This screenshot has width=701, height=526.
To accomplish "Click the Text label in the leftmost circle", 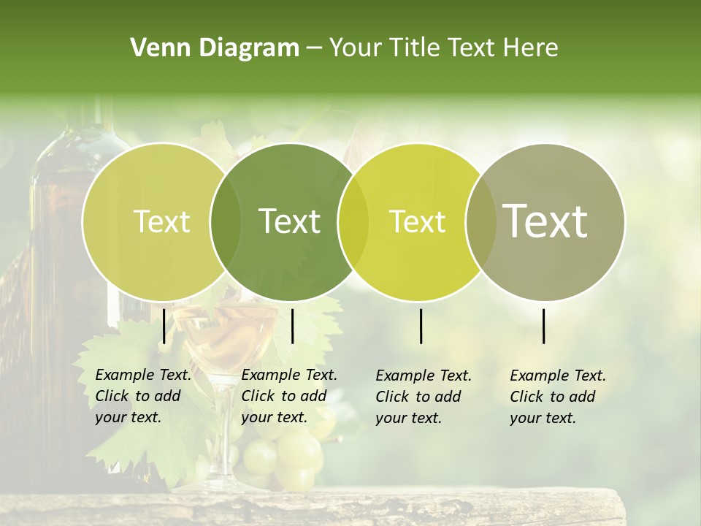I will click(x=161, y=221).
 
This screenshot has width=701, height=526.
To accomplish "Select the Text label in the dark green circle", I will click(x=289, y=221).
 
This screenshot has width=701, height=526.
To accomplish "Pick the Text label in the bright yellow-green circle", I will click(x=417, y=221).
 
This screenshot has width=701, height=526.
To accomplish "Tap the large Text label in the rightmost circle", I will click(x=545, y=221).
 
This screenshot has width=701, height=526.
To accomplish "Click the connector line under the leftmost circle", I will click(x=164, y=326).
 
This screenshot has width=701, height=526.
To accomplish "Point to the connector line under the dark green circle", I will click(x=293, y=326).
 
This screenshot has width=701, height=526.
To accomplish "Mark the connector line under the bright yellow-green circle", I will click(x=421, y=326).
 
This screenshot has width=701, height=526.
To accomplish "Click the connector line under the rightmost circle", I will click(x=544, y=326).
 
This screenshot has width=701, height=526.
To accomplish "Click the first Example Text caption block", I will click(x=142, y=396).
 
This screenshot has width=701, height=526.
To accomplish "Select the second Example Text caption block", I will click(x=288, y=396).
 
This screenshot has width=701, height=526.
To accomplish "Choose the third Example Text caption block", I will click(x=423, y=397).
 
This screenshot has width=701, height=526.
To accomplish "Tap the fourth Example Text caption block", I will click(x=557, y=397).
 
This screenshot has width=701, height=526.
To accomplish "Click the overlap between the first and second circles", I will click(x=226, y=221).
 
